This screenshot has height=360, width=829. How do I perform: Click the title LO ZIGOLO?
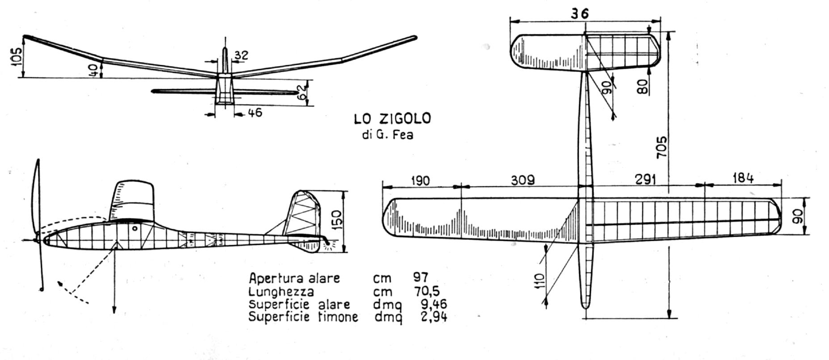click(x=392, y=119)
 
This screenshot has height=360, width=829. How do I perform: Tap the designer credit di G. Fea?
click(x=387, y=135)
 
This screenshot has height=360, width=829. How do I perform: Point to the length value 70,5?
click(x=425, y=292)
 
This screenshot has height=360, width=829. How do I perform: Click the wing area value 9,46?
click(x=433, y=305)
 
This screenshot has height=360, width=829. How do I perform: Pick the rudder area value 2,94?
click(x=433, y=317)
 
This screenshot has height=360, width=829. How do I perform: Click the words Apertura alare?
click(x=294, y=278)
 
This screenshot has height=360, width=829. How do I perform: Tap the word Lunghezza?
click(x=281, y=292)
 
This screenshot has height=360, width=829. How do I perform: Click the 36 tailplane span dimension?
click(x=580, y=13)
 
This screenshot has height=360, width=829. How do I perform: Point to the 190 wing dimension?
click(x=420, y=180)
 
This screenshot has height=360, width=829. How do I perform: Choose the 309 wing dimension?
click(x=522, y=180)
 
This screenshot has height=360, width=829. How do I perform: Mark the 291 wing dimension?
click(x=645, y=180)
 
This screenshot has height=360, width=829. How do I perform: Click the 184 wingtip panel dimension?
click(x=742, y=178)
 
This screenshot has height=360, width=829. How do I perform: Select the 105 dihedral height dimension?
click(x=16, y=57)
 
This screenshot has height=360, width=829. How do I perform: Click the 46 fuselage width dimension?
click(x=254, y=113)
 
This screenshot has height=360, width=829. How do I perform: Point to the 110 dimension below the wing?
click(x=540, y=281)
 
